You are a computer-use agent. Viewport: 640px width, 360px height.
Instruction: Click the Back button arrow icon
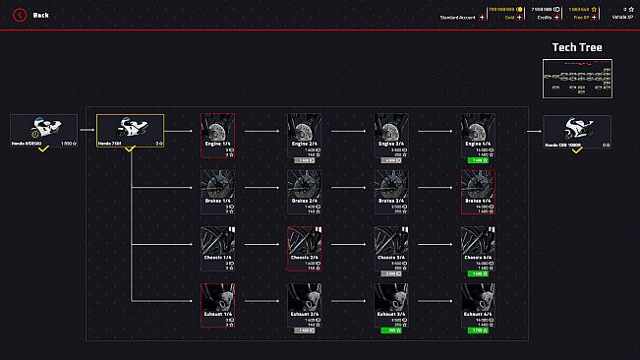pyautogui.click(x=19, y=15)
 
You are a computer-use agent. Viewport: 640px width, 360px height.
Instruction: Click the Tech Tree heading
pyautogui.click(x=578, y=47)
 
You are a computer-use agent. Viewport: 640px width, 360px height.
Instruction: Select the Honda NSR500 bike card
pyautogui.click(x=42, y=130)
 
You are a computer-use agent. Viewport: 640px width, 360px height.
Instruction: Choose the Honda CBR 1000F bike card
pyautogui.click(x=577, y=130)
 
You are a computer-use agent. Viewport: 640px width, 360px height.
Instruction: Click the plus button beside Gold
pyautogui.click(x=523, y=18)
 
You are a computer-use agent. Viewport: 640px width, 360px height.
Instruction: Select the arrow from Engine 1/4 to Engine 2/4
pyautogui.click(x=261, y=128)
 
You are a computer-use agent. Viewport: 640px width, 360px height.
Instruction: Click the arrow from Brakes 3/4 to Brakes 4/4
pyautogui.click(x=434, y=185)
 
